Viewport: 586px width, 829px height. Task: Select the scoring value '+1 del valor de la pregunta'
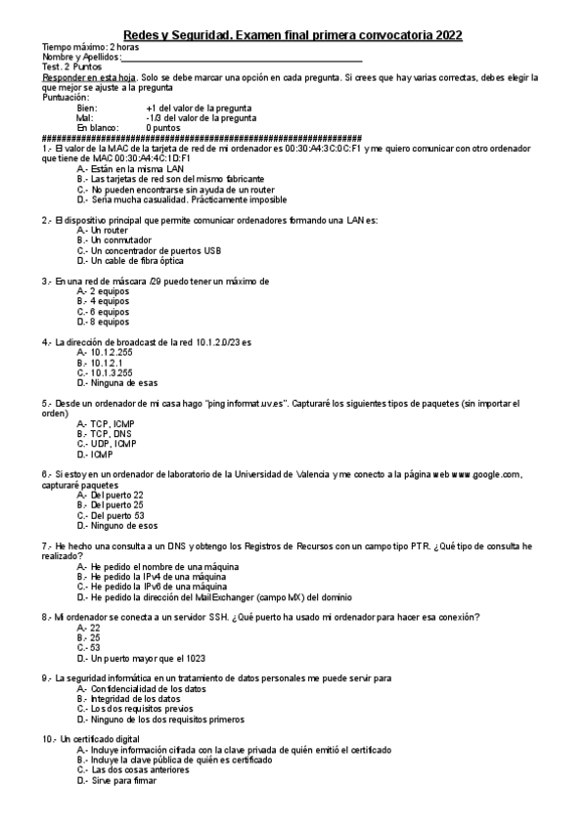coord(199,108)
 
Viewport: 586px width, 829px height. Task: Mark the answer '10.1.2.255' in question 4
coord(111,352)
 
